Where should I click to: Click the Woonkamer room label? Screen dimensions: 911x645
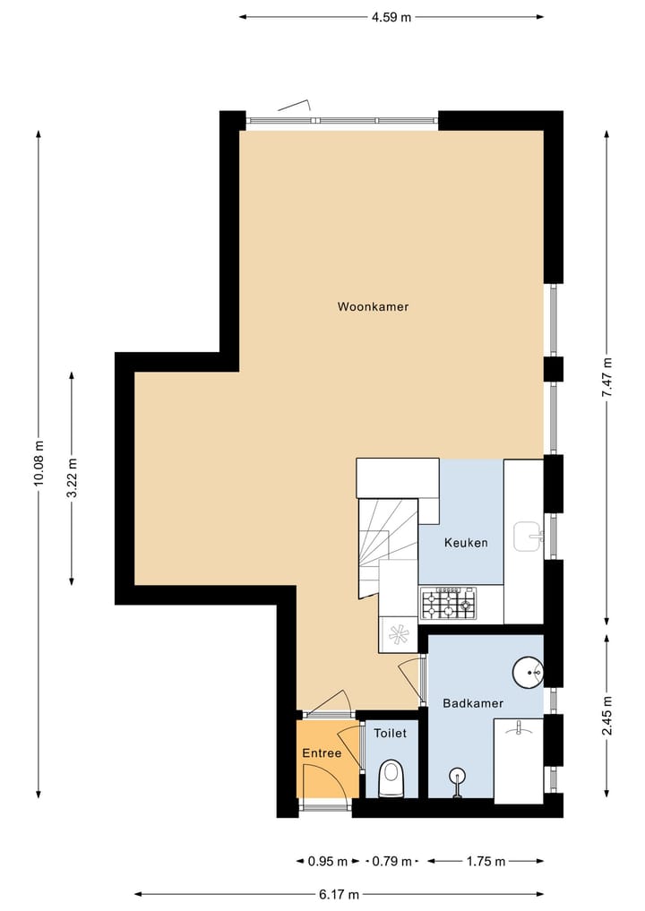pyautogui.click(x=373, y=307)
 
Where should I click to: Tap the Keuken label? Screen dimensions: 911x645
pyautogui.click(x=466, y=543)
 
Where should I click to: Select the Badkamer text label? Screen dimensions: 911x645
pyautogui.click(x=472, y=703)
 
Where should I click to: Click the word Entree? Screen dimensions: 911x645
pyautogui.click(x=322, y=753)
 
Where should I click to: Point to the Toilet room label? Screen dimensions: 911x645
pyautogui.click(x=390, y=733)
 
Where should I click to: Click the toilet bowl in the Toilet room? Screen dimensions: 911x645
pyautogui.click(x=391, y=778)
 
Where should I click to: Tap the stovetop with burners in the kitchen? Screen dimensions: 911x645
pyautogui.click(x=448, y=603)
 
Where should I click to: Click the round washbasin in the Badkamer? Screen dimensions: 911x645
pyautogui.click(x=528, y=671)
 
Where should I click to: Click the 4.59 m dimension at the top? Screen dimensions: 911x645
pyautogui.click(x=391, y=17)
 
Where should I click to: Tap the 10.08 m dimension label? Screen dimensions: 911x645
pyautogui.click(x=39, y=464)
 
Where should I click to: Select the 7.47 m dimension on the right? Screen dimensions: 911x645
pyautogui.click(x=607, y=377)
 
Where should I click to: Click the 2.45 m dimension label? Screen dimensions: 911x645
pyautogui.click(x=607, y=716)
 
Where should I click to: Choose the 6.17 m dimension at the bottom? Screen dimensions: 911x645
pyautogui.click(x=340, y=894)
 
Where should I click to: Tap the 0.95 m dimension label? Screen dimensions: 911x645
pyautogui.click(x=327, y=862)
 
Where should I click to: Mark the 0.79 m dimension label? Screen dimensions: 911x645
pyautogui.click(x=391, y=862)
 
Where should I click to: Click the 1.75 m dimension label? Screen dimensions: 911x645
pyautogui.click(x=486, y=862)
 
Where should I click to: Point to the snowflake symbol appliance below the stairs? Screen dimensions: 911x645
pyautogui.click(x=399, y=634)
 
